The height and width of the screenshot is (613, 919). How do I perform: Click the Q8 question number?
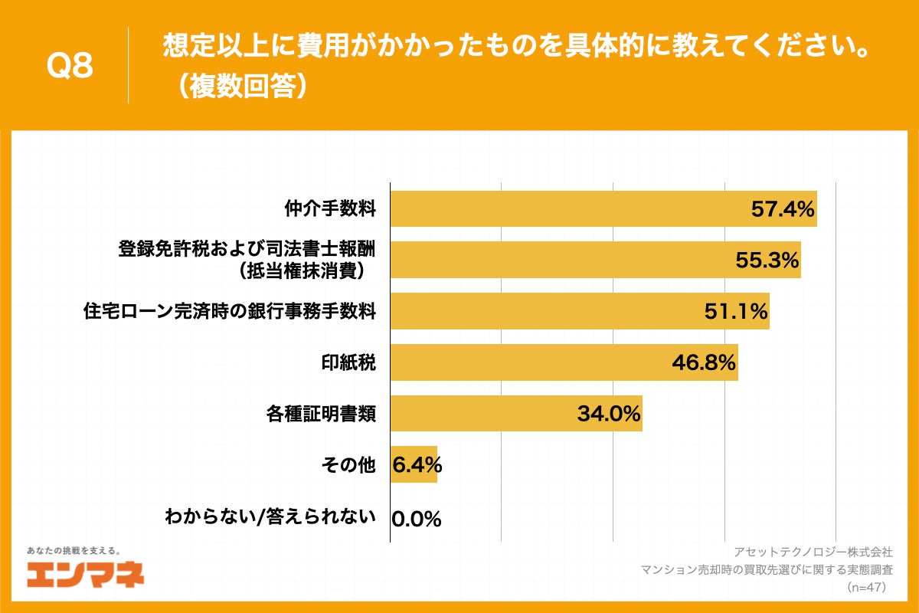point(70,67)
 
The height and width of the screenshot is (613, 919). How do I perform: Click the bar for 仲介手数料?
point(567,209)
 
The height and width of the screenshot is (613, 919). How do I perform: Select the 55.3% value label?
point(767,261)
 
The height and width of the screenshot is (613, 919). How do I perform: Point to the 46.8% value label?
point(704,362)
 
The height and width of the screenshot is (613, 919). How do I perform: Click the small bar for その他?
point(414,464)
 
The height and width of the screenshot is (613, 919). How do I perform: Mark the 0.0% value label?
point(417,519)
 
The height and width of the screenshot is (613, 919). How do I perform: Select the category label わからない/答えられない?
point(270,516)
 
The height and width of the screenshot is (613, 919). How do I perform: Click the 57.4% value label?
point(782,209)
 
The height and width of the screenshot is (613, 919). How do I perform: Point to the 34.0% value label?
point(608,414)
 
